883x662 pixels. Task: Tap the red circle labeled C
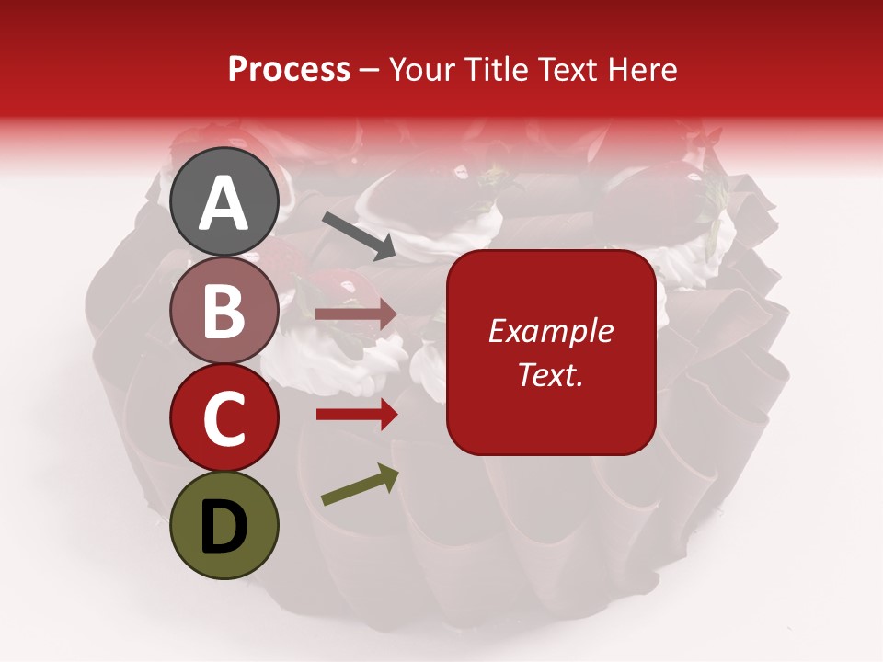224,417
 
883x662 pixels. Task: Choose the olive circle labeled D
224,525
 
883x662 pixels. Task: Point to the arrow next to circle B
356,314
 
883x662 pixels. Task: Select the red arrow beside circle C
356,415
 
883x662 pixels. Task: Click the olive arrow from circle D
360,485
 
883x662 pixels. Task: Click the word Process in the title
289,70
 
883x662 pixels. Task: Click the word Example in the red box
551,331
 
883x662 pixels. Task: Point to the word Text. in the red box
551,375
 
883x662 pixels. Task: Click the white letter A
224,203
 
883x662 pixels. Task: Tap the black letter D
224,526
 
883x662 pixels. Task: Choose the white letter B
224,311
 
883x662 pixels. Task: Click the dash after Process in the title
370,71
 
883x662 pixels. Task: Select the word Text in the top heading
568,70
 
